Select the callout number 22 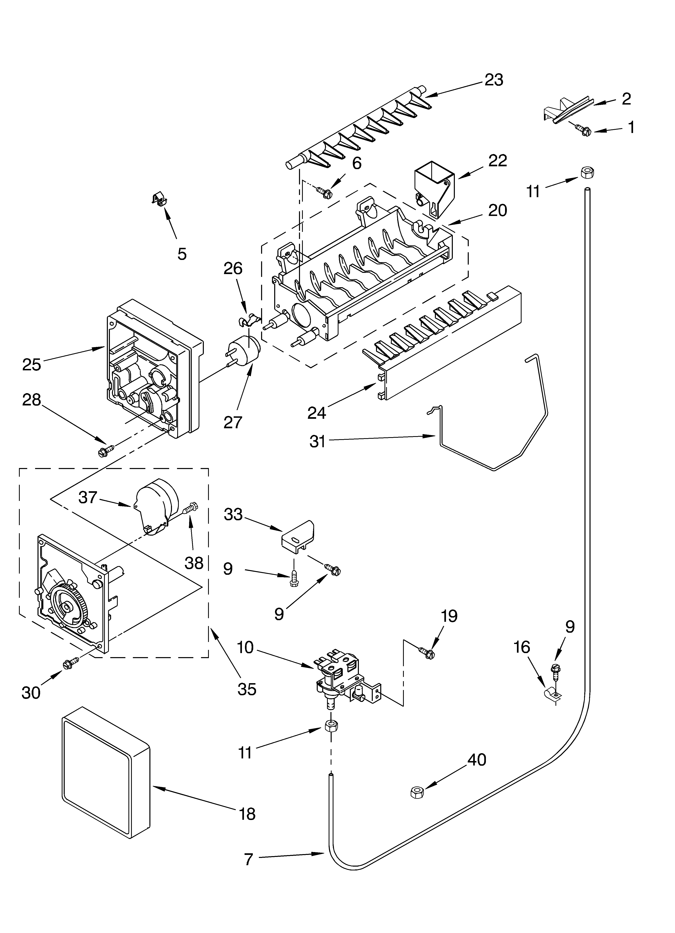497,160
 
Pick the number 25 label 32,364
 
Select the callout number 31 317,441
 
